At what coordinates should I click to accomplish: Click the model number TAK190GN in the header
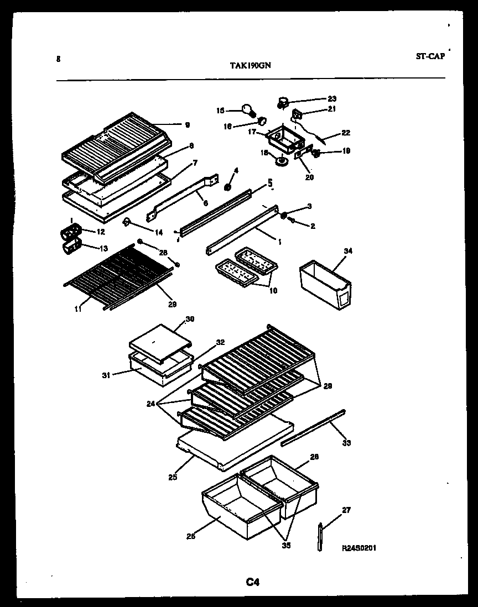point(250,64)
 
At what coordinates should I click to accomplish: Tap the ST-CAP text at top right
point(429,56)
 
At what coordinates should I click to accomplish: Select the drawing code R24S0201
point(360,547)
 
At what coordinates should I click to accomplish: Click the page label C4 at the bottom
point(253,582)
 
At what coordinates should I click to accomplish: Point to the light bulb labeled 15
point(247,110)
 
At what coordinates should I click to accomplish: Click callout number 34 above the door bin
point(347,251)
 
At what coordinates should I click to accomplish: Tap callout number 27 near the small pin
point(346,510)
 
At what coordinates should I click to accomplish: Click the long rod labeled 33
point(313,427)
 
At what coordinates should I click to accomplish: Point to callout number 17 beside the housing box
point(252,132)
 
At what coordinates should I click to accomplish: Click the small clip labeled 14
point(127,222)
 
